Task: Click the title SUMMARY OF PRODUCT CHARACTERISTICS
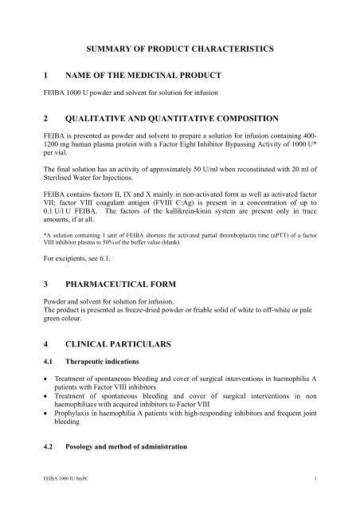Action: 180,49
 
